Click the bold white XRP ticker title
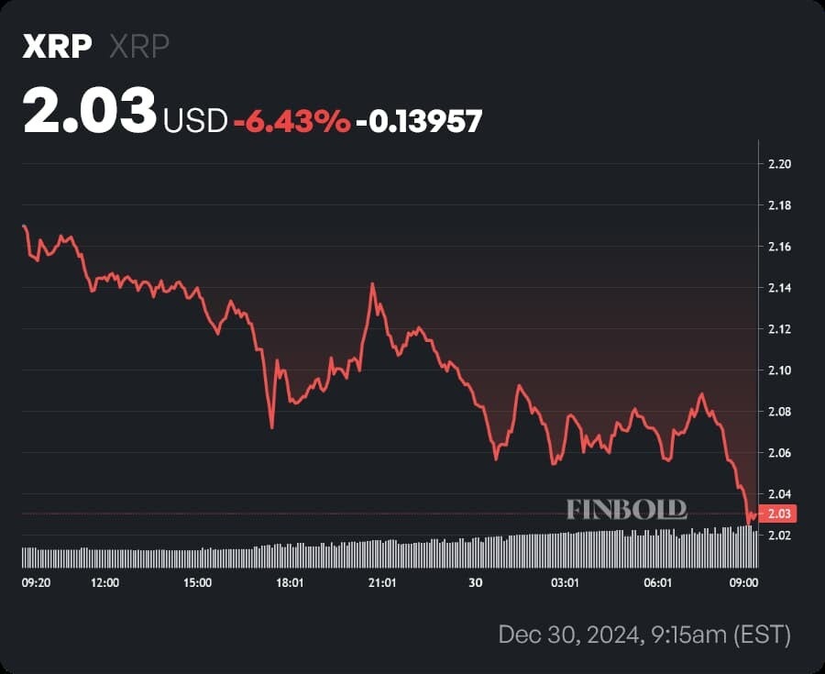(x=57, y=47)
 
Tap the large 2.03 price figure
(x=90, y=112)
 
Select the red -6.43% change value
(x=291, y=120)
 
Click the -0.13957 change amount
(x=419, y=120)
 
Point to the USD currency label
(x=195, y=120)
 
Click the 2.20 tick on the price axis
(x=779, y=164)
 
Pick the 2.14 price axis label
(x=779, y=288)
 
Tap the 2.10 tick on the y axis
(x=779, y=370)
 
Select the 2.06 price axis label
(x=779, y=453)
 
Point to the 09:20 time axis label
(x=36, y=582)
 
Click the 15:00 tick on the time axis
(x=197, y=582)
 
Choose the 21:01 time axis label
(x=381, y=582)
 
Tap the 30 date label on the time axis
(x=475, y=582)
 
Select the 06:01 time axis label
(x=658, y=582)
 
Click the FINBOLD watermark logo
(x=626, y=510)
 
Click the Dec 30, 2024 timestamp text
(x=643, y=634)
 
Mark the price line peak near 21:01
(x=372, y=284)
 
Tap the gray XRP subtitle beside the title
(x=139, y=47)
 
